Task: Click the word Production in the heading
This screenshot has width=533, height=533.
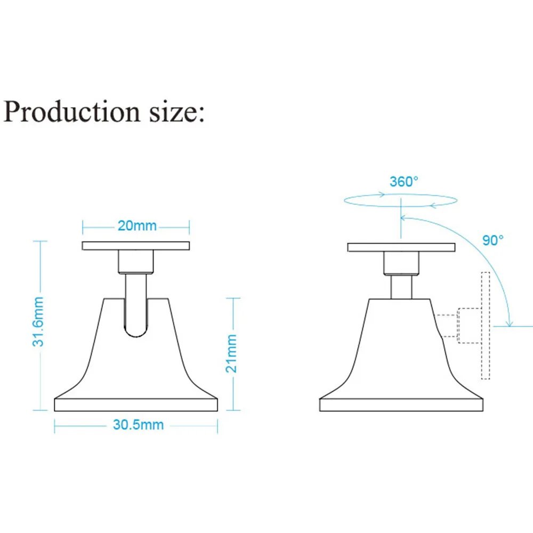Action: pos(72,111)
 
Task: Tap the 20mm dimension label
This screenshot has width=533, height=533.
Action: pos(137,225)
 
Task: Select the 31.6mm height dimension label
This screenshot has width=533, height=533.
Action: pos(38,321)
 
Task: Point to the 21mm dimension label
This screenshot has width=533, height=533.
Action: pos(231,353)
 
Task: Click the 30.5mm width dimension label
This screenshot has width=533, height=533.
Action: pos(139,425)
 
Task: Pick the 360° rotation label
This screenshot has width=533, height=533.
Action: pos(404,182)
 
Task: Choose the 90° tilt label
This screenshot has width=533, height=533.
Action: pos(493,240)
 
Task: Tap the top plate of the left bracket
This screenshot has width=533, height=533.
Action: pos(135,246)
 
